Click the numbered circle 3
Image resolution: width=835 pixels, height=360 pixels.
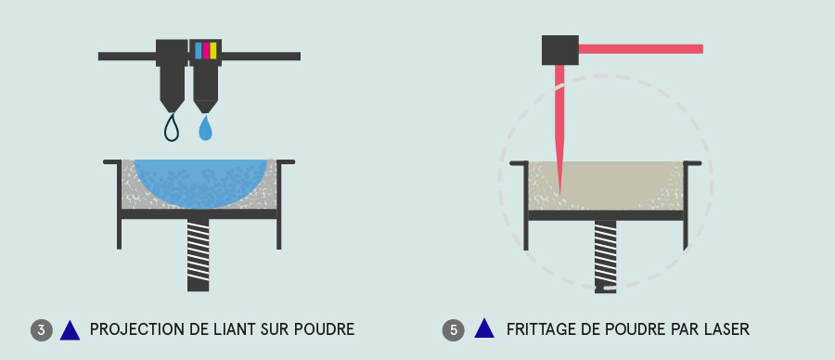point(42,330)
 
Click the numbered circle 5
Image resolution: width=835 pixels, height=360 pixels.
point(453,330)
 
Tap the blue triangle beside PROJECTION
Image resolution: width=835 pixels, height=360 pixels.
point(70,330)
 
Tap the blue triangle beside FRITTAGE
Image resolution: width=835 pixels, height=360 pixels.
point(484,328)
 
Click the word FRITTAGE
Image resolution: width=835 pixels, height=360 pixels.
point(536,329)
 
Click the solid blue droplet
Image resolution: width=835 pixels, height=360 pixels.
point(206,128)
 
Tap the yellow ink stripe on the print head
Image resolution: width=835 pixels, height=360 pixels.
point(213,51)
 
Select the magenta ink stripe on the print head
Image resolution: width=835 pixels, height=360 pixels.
point(206,51)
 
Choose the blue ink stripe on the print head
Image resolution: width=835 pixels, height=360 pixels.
point(199,51)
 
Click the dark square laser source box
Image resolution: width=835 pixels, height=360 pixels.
point(560,50)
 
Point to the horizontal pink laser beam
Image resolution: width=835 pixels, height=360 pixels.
point(640,49)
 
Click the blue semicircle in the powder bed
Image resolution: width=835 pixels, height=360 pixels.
point(200,181)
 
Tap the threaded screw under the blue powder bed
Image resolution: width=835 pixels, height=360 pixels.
point(199,255)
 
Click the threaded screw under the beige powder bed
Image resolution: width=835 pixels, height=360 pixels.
point(606,257)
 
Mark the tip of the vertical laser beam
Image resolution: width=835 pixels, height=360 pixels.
point(559,195)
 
